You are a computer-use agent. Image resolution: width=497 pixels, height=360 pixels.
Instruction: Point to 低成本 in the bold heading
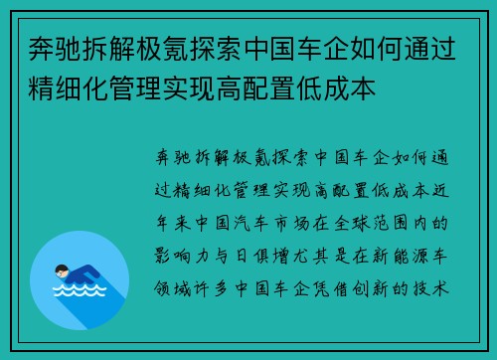341,89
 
